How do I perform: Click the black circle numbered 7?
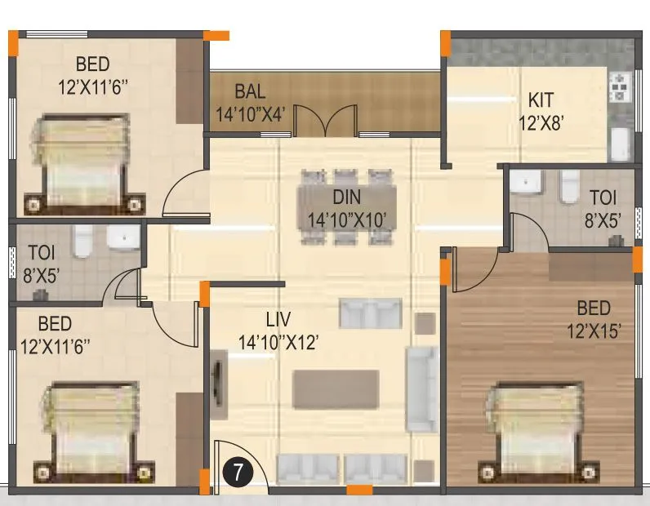coord(237,471)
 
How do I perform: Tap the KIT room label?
coord(541,100)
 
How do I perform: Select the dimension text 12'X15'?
coord(593,331)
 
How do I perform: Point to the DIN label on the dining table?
coord(346,197)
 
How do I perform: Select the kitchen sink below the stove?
coord(619,144)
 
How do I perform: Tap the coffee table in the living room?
coord(336,390)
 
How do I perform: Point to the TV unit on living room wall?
coord(219,379)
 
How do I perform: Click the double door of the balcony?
coord(325,122)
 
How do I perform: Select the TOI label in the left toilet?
coord(41,252)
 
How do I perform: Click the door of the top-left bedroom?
coord(183,195)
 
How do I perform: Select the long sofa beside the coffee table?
coord(421,388)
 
